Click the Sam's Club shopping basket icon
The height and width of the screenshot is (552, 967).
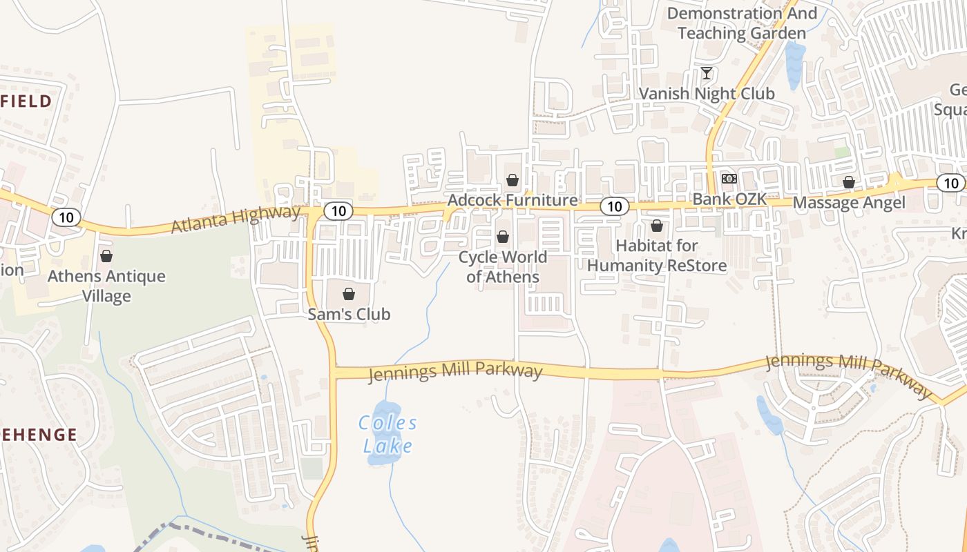(x=349, y=294)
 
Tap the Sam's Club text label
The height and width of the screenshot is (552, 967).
(x=349, y=315)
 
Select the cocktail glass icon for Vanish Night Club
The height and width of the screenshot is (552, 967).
(x=707, y=72)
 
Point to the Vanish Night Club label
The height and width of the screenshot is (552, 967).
(x=707, y=93)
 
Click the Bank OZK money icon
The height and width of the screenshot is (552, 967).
(x=729, y=179)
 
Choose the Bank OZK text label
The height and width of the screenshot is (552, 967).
(x=729, y=199)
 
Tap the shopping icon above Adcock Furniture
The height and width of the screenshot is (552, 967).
(x=513, y=180)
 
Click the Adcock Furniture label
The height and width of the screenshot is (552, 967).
(x=513, y=200)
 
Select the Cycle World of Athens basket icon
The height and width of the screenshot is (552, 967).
(x=503, y=237)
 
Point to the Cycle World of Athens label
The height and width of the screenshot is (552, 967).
(x=503, y=267)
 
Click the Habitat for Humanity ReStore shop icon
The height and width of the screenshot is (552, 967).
(x=657, y=226)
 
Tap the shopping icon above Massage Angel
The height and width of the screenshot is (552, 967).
(x=849, y=182)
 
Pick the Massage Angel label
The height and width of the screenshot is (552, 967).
(x=849, y=203)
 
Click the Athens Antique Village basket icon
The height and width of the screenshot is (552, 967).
(x=106, y=257)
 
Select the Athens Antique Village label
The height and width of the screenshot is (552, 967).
(x=106, y=286)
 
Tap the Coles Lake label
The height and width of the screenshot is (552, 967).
(x=388, y=434)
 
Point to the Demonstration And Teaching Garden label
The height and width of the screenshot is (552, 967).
(x=742, y=23)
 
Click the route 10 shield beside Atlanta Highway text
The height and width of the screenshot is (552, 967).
(x=338, y=211)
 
